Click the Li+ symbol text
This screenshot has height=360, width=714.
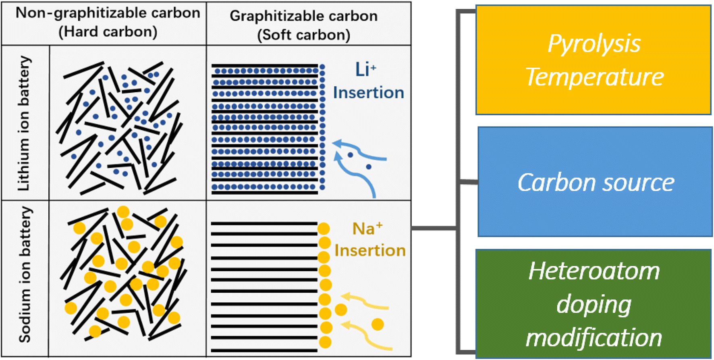click(365, 69)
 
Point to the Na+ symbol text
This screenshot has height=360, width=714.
click(367, 229)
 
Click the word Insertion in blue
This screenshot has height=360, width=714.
click(368, 93)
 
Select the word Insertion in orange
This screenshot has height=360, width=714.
click(370, 250)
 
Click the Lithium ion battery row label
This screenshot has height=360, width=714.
click(24, 123)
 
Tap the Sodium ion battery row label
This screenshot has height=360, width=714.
click(25, 274)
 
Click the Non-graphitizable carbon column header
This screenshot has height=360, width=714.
click(108, 13)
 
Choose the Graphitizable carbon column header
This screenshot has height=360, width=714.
click(303, 16)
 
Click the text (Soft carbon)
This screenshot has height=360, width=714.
click(303, 35)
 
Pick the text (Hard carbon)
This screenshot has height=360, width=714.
click(108, 31)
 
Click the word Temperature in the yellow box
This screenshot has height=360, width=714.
click(594, 77)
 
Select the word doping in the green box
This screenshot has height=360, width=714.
click(594, 305)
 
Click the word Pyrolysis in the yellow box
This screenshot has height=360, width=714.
click(594, 44)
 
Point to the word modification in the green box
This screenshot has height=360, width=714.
click(594, 337)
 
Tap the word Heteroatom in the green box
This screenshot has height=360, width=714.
click(594, 271)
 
